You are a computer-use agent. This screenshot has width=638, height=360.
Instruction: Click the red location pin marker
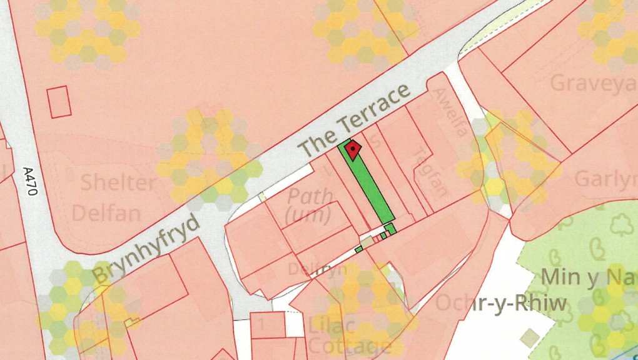(353, 149)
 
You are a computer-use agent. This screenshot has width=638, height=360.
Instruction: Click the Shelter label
(118, 183)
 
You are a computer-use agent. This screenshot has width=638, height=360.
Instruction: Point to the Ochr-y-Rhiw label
(500, 304)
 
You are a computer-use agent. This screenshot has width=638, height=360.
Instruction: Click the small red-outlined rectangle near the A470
(59, 102)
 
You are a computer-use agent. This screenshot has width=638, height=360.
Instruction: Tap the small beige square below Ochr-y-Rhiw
(531, 338)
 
